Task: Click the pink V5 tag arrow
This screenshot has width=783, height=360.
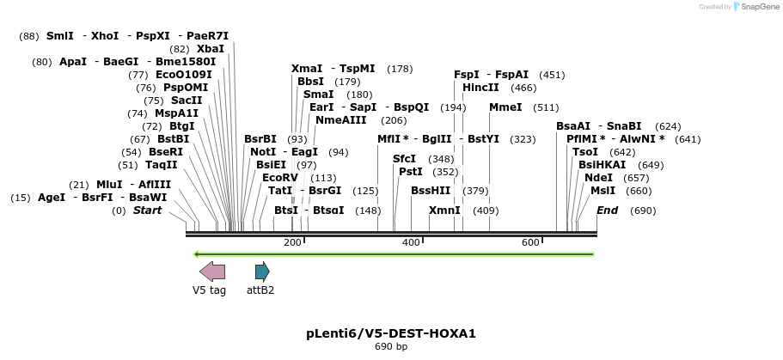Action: point(212,272)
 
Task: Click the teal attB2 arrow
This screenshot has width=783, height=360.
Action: point(262,272)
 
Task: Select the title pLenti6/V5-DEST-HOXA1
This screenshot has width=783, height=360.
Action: point(391,333)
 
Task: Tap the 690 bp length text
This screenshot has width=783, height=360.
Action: point(391,347)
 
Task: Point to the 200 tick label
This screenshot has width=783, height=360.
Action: point(292,243)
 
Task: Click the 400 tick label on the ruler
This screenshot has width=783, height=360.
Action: point(411,243)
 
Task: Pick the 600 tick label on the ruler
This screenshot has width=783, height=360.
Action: point(530,243)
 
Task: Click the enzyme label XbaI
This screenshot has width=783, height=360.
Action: point(211,49)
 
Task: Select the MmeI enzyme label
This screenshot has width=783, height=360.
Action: point(505,107)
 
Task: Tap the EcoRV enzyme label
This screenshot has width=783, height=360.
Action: point(280,178)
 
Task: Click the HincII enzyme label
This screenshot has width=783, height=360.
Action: point(480,88)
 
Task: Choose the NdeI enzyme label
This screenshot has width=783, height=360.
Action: point(598,178)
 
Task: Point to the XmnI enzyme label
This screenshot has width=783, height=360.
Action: point(444,211)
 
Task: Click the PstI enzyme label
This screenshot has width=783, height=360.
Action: point(411,172)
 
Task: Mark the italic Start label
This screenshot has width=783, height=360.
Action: point(147,211)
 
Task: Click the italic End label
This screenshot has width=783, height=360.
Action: point(607,211)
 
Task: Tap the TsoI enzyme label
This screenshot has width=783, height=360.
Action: point(585,152)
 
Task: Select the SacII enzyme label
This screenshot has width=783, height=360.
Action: point(186,101)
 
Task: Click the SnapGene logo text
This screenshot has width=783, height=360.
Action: point(754,7)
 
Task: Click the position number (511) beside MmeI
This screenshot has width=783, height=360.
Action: point(546,107)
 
